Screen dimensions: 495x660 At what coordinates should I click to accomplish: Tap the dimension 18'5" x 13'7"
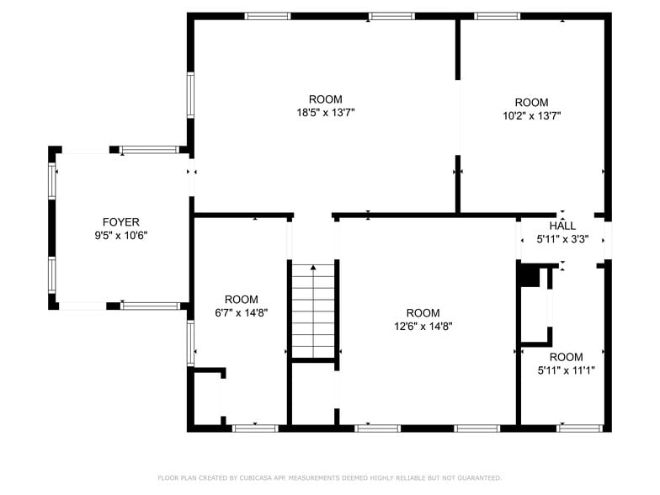click(x=325, y=113)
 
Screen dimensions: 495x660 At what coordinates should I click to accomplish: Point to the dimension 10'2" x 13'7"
click(x=531, y=116)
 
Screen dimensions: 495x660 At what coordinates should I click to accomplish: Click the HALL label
click(x=562, y=226)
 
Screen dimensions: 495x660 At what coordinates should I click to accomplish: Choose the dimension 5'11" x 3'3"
click(x=562, y=239)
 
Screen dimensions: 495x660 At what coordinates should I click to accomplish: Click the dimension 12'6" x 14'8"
click(x=423, y=327)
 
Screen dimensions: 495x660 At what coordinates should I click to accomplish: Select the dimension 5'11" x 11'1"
click(x=566, y=370)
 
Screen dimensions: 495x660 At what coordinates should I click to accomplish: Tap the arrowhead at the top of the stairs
click(x=314, y=269)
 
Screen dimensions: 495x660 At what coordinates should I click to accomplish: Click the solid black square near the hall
click(x=529, y=275)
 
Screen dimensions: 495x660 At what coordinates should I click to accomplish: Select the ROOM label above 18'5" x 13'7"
click(x=325, y=99)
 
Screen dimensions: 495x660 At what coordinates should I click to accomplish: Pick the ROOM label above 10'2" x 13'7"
click(x=531, y=103)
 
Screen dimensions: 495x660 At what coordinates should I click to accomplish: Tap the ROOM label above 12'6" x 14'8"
click(x=423, y=313)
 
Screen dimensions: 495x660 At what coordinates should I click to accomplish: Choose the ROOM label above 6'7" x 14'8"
click(x=241, y=299)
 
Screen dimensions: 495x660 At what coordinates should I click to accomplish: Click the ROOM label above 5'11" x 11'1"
click(x=566, y=356)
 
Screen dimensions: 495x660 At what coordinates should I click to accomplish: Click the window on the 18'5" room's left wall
click(x=190, y=98)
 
